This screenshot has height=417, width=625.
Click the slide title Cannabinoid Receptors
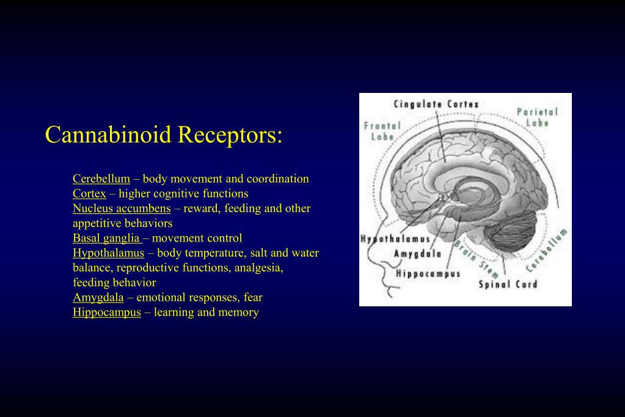(164, 135)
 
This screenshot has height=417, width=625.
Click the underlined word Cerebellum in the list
(101, 179)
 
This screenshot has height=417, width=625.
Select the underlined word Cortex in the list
(89, 194)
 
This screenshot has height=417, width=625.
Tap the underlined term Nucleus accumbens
(122, 208)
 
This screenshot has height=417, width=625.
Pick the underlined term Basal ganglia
(106, 238)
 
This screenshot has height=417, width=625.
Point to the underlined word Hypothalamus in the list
(108, 253)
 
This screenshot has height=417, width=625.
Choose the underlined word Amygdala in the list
(98, 298)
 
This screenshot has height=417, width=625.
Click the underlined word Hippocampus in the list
(107, 312)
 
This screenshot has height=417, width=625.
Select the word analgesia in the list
(255, 268)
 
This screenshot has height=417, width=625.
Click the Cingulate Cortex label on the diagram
(436, 105)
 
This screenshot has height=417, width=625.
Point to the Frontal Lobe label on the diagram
(382, 131)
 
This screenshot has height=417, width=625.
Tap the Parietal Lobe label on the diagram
(537, 117)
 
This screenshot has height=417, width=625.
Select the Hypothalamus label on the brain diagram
(395, 239)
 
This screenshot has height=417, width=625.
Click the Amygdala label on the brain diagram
(418, 254)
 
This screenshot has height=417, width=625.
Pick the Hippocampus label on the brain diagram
(428, 273)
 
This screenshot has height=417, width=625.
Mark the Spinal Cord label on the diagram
(508, 284)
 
